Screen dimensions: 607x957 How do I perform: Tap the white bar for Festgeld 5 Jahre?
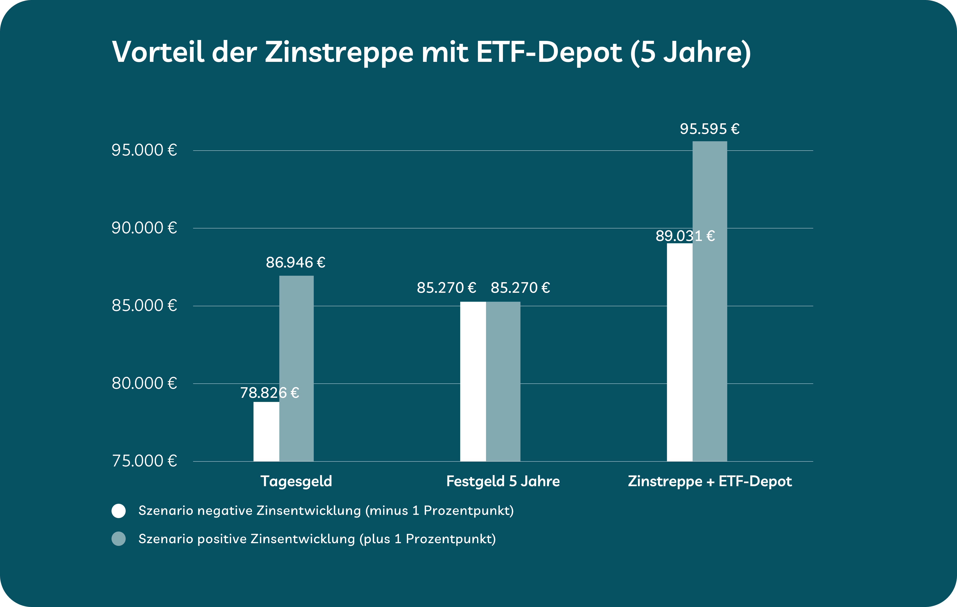coord(473,382)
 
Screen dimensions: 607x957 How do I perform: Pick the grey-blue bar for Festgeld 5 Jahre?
coord(503,382)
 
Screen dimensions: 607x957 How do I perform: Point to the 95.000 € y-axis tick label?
coord(144,150)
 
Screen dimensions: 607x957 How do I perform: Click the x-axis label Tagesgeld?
coord(296,481)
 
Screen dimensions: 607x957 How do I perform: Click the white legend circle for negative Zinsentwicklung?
coord(119,511)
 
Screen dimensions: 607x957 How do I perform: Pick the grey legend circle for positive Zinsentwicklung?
coord(119,539)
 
